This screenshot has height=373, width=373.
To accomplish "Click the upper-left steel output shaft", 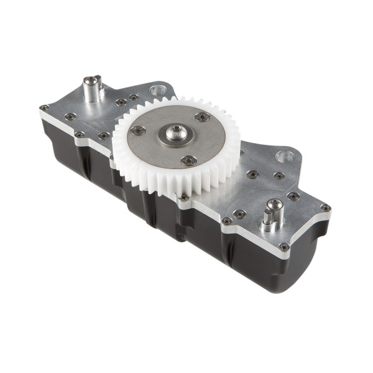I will [93, 89].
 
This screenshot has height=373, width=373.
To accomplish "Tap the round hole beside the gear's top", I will [155, 92].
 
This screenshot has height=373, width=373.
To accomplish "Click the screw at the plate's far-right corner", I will [324, 208].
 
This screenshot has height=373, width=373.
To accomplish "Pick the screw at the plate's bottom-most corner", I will [283, 247].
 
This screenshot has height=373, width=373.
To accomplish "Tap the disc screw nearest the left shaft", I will [137, 131].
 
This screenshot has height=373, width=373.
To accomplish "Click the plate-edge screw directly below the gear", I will [183, 198].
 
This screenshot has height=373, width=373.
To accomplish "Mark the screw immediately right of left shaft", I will [121, 101].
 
